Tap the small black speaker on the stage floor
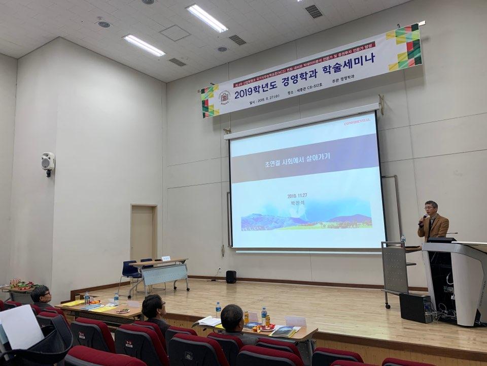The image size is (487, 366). tap(231, 277)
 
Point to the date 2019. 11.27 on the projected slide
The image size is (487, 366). tap(301, 195)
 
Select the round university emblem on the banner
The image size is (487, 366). tap(224, 97)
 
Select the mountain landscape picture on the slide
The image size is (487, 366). tap(306, 221)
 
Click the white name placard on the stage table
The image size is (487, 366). tap(166, 258)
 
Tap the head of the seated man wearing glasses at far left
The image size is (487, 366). tap(41, 295)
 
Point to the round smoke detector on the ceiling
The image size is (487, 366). tap(103, 24)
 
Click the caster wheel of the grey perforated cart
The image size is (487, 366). tap(388, 306)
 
